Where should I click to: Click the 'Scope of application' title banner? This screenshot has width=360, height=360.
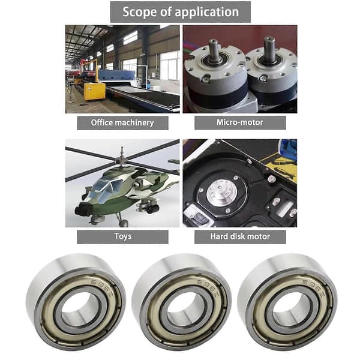coord(180,12)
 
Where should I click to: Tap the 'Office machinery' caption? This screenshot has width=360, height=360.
coord(122,122)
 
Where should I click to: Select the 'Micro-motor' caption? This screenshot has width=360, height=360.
coord(240,122)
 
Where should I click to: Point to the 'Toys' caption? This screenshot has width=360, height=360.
coord(122,236)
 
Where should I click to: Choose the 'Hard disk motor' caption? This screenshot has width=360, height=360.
coord(240,237)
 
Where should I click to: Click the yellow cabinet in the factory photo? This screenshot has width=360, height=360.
coord(95,91)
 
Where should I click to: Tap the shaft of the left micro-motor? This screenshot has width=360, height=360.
coord(214,50)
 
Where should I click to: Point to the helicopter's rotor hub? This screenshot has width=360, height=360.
coord(122,159)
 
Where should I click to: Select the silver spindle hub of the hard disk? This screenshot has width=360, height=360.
coord(221,193)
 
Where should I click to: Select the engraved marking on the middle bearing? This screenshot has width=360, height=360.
coord(208,286)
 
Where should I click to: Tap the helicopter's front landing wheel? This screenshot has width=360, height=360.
coord(124,223)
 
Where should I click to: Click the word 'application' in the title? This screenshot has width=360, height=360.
coord(206,13)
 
